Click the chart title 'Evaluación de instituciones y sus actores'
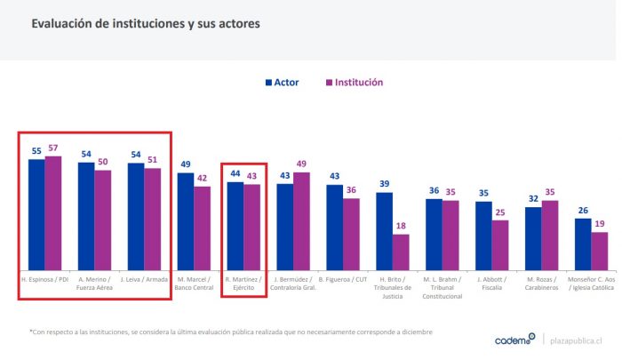(146, 25)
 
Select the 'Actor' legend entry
(281, 82)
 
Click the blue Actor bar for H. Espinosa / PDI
(36, 214)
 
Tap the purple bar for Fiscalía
(500, 244)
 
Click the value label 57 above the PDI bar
(52, 148)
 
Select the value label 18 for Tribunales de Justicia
(401, 226)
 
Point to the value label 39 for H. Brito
(384, 184)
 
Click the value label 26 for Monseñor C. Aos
(582, 210)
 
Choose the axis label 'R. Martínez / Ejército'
(243, 284)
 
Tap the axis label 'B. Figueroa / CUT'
(342, 280)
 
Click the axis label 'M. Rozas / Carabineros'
(541, 284)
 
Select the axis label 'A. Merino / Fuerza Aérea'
(93, 284)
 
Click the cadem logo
(515, 339)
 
